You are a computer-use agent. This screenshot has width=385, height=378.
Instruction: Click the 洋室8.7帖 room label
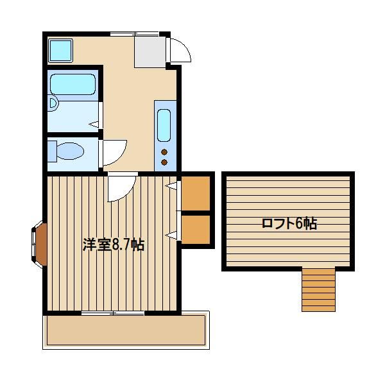[x=113, y=245]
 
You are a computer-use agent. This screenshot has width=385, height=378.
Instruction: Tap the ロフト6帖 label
[x=289, y=223]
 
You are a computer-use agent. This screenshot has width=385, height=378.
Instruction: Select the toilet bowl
[x=70, y=151]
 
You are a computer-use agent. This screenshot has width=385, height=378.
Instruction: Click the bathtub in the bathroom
[x=73, y=84]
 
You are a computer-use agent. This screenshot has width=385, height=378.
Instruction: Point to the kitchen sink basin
[x=164, y=125]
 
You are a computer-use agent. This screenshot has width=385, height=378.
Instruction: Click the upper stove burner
[x=164, y=152]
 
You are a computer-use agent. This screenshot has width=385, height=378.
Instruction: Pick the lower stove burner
[x=164, y=162]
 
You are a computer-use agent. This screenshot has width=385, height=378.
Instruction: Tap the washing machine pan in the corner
[x=61, y=50]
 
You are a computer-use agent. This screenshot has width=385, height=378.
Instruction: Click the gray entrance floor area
[x=150, y=51]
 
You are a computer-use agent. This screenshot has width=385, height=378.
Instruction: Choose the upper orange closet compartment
[x=196, y=193]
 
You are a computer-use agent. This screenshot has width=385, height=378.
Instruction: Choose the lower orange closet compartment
[x=196, y=230]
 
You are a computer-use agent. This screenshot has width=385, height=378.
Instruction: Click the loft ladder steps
[x=318, y=290]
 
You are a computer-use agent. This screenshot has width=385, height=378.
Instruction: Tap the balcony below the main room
[x=126, y=330]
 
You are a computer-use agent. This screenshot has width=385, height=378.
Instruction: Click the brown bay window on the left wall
[x=40, y=244]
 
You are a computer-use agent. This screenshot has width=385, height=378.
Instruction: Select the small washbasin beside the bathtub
[x=53, y=104]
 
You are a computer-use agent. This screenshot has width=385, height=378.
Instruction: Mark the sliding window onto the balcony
[x=112, y=313]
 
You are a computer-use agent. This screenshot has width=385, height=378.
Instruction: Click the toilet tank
[x=52, y=151]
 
